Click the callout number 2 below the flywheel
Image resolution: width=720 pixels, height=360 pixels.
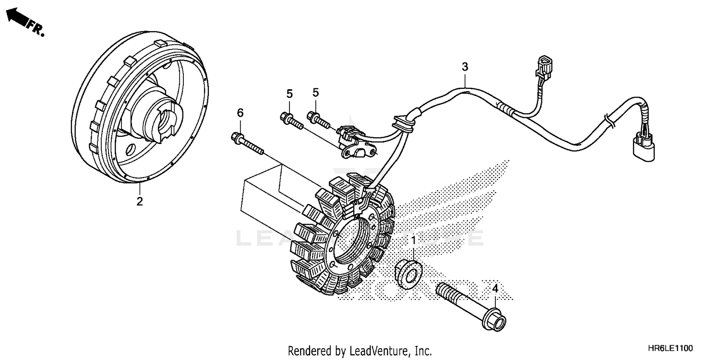point(139,202)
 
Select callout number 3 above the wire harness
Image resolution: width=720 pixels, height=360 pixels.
point(465,67)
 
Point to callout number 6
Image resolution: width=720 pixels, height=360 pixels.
point(240,113)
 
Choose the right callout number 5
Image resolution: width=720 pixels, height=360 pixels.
point(316,92)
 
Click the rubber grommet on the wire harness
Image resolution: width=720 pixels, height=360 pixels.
point(401,123)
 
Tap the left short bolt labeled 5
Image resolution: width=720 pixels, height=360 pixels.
point(290,120)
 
